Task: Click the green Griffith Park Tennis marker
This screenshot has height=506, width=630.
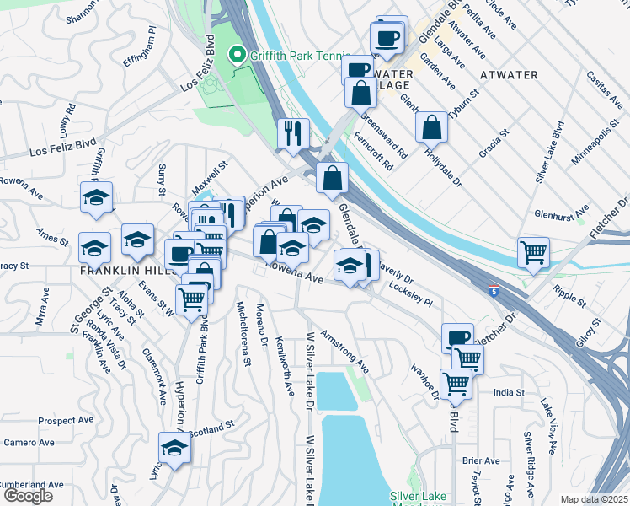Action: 237,56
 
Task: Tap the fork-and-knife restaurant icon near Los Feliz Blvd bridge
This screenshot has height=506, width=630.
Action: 293,133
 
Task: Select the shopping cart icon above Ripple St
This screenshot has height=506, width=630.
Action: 533,252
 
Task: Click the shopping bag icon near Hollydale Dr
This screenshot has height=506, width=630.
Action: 431,127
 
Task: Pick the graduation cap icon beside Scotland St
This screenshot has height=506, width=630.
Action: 174,447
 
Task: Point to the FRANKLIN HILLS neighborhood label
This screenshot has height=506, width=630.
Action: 126,272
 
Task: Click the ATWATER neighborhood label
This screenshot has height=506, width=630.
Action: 509,75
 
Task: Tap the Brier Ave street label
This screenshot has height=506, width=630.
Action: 483,460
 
